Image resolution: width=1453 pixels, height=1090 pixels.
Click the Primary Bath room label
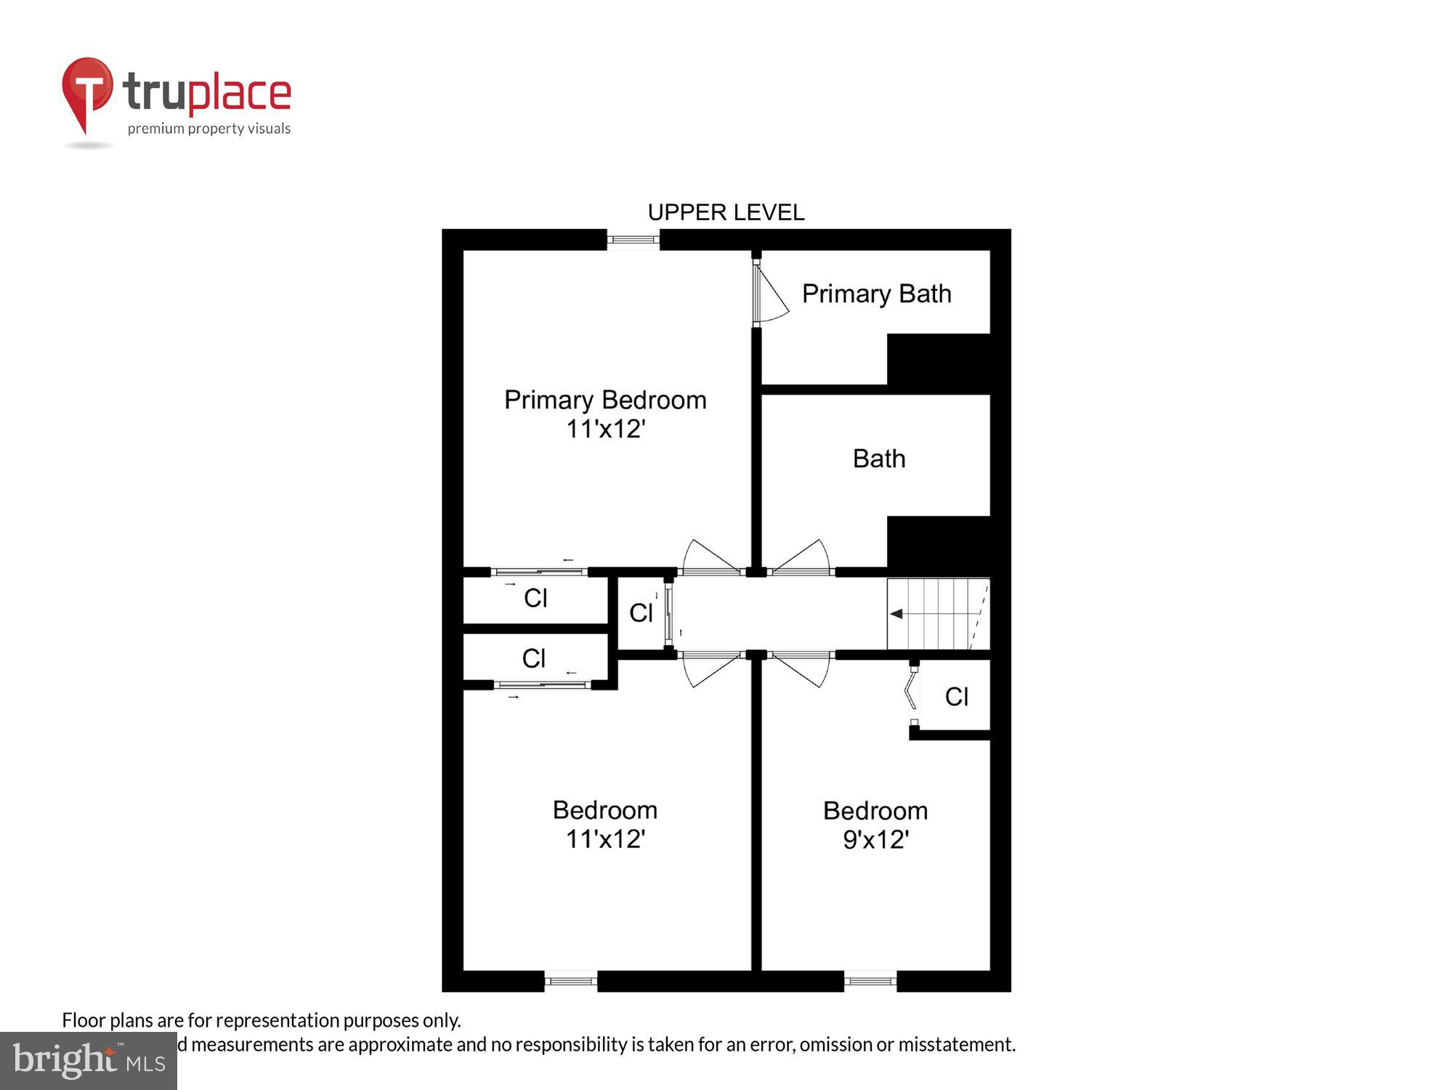(x=876, y=294)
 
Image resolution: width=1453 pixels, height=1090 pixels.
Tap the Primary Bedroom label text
(x=605, y=400)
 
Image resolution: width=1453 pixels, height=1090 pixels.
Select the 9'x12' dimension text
(x=875, y=840)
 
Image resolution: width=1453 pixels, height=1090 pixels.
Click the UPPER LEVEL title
(x=726, y=212)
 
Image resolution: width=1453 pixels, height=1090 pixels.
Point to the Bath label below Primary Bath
(x=878, y=459)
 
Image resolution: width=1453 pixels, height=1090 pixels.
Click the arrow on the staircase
(x=897, y=614)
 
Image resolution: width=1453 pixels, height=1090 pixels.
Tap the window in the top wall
(x=633, y=239)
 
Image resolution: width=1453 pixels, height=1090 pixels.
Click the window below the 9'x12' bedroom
(x=870, y=981)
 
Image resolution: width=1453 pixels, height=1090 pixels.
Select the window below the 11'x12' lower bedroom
(x=570, y=981)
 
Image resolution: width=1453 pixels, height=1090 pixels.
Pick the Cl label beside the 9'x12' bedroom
(x=956, y=697)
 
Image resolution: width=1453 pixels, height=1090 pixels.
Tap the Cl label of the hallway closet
(x=641, y=613)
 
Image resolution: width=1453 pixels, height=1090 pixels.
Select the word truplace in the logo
(x=207, y=93)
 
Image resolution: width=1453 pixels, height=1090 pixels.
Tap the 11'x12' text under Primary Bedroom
(x=605, y=429)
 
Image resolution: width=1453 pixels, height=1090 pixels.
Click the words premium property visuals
(x=209, y=129)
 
